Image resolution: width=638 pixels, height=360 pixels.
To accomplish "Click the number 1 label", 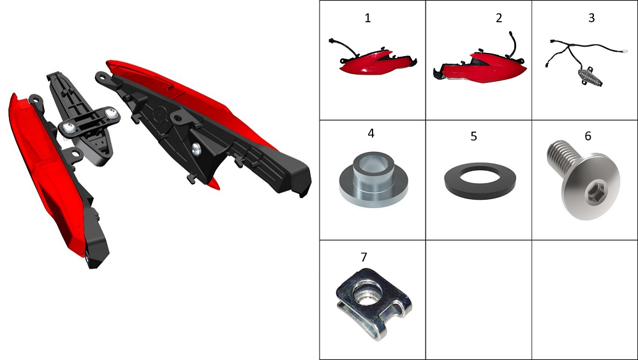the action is tap(368, 19).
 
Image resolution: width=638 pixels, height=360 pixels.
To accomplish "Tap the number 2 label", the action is tap(499, 19).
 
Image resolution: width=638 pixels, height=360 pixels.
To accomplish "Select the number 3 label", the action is tap(591, 18).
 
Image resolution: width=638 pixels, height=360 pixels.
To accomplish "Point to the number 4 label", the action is tap(371, 133).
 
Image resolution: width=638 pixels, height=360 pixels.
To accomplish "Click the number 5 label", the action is tap(473, 137).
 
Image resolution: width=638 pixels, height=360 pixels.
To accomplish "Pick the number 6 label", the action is tap(588, 136).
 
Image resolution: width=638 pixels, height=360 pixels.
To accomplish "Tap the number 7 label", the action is tap(364, 257).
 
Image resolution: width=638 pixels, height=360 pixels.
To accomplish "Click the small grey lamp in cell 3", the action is tap(590, 78).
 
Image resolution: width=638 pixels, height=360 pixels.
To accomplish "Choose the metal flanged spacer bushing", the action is tap(373, 179).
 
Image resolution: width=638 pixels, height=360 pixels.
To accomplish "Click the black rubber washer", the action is tap(480, 181).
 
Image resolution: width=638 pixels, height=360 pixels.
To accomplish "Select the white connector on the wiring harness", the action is tap(624, 51).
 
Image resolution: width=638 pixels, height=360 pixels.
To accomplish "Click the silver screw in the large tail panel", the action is tap(196, 149).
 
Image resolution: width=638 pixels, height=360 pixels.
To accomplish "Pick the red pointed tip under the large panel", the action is tap(214, 183).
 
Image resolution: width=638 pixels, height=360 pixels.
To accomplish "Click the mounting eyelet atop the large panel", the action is tap(102, 77).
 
